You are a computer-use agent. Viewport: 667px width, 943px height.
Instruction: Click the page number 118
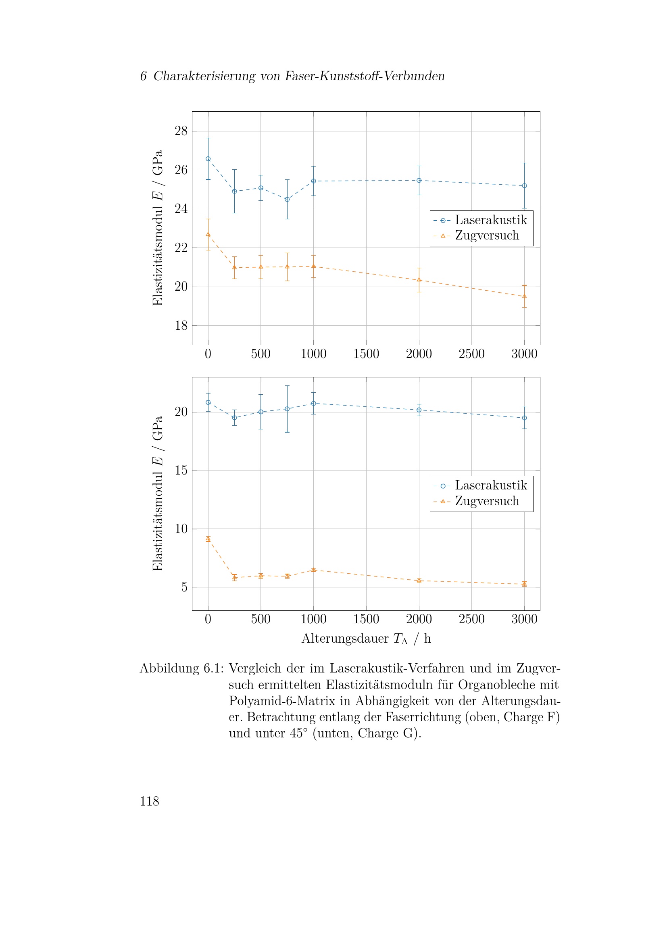click(149, 801)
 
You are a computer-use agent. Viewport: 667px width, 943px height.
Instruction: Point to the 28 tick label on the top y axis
click(181, 131)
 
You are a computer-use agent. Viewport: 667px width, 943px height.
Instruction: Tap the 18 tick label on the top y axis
click(181, 326)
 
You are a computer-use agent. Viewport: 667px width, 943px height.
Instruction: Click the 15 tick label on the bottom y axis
click(181, 470)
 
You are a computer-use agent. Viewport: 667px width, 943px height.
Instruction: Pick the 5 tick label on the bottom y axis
click(184, 587)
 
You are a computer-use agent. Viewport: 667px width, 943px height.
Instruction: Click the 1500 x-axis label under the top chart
click(366, 354)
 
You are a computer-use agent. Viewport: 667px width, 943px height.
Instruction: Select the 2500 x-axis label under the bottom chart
click(471, 619)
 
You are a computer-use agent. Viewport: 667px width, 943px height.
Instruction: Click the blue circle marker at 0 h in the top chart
click(208, 159)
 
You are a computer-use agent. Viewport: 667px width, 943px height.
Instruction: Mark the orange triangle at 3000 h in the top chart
click(524, 296)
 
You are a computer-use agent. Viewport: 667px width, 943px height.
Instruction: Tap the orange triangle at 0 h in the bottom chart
click(208, 539)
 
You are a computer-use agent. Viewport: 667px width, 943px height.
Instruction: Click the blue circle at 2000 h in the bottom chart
click(419, 410)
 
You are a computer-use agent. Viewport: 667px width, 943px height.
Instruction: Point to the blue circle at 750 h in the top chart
click(287, 199)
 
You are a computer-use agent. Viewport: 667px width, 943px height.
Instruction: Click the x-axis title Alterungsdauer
click(345, 639)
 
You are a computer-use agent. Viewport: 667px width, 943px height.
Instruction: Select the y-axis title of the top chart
click(158, 228)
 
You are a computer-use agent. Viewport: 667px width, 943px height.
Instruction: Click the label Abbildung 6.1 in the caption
click(181, 668)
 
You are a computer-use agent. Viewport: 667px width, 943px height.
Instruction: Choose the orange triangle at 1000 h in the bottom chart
click(313, 570)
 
